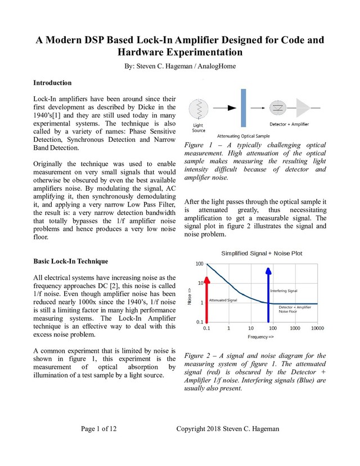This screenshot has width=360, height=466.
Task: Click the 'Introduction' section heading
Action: (x=52, y=83)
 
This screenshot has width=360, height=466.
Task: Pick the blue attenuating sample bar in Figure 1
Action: (x=244, y=107)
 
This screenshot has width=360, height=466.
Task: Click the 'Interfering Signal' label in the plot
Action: (x=284, y=291)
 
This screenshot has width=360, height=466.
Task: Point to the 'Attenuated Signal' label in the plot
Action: (x=223, y=301)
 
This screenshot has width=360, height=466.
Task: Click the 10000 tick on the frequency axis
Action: (x=317, y=328)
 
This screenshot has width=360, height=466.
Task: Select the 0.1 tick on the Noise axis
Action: (x=199, y=321)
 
